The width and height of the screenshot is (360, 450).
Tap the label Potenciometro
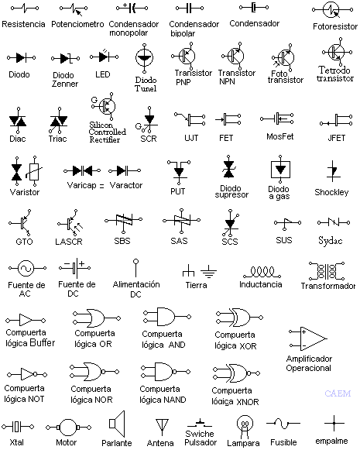77,25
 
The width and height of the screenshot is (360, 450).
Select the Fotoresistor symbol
331,11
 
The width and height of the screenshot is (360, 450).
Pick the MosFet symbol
281,119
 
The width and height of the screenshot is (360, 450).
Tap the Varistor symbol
26,171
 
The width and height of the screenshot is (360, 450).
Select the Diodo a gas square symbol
281,169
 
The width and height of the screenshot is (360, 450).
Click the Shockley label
331,192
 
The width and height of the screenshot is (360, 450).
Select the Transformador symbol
327,270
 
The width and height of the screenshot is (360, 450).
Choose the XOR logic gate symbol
231,318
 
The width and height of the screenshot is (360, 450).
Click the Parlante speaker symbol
117,424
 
